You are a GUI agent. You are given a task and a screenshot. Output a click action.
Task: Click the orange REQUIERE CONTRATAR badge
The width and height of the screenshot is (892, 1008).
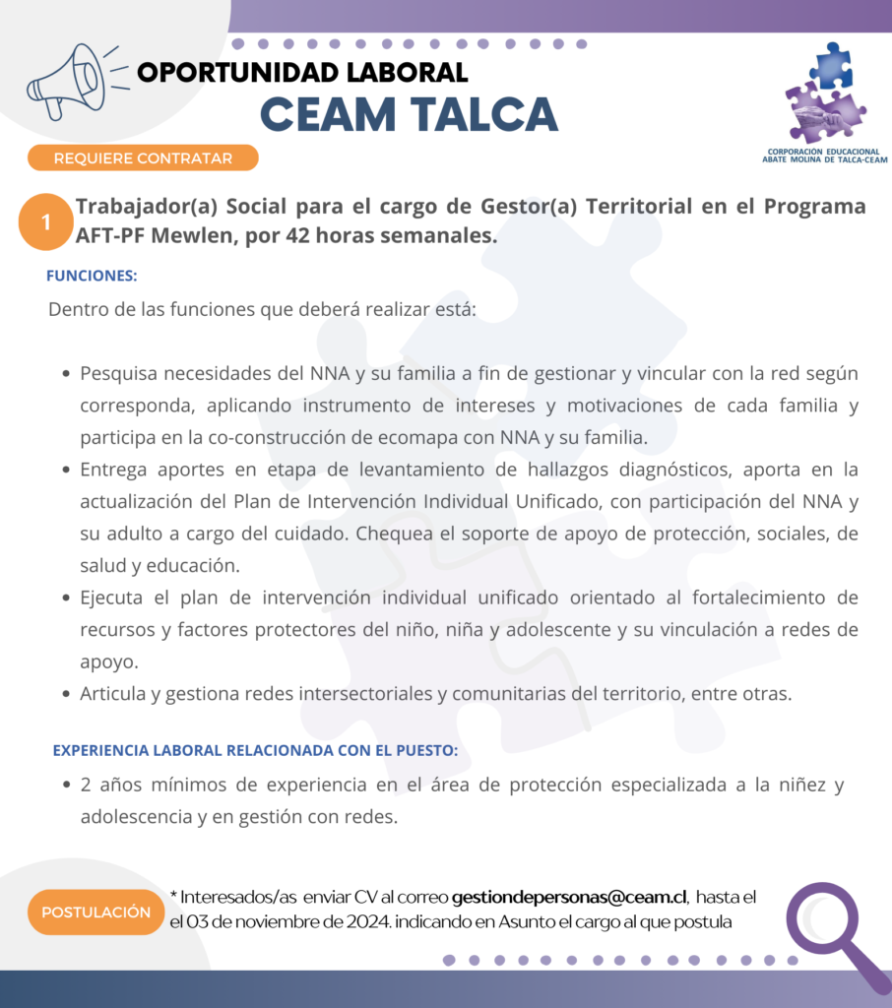(143, 157)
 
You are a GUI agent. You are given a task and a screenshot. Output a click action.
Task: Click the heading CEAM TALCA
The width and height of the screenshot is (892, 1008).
(409, 115)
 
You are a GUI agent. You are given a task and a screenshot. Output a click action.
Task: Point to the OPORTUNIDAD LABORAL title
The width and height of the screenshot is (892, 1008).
(302, 72)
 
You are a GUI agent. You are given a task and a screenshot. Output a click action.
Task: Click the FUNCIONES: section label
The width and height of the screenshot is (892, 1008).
(92, 276)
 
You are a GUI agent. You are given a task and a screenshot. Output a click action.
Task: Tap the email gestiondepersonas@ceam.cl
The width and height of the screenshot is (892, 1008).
(569, 897)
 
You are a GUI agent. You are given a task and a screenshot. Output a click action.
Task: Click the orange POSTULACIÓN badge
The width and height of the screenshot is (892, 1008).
(96, 912)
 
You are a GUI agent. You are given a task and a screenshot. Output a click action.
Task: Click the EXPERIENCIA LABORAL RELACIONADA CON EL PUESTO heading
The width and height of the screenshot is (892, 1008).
(255, 750)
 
